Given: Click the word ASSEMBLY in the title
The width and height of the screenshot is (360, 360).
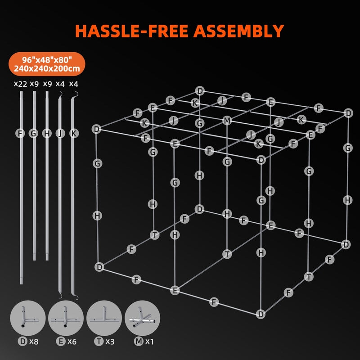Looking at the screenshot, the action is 239,31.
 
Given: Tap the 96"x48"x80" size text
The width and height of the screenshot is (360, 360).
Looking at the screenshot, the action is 47,60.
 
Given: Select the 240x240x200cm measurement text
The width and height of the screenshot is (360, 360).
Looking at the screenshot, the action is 47,68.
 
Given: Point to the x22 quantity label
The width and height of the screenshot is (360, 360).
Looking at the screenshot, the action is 20,84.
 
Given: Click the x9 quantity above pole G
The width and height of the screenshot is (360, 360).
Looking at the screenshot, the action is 34,84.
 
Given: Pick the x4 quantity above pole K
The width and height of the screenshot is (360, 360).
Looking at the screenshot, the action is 73,84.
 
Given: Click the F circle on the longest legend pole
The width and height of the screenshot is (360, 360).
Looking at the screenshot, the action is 20,133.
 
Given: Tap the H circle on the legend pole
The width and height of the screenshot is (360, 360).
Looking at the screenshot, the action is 47,133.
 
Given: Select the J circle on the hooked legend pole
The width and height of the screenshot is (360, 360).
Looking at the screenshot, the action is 60,133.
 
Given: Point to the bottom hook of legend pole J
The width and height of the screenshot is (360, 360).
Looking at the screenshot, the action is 60,296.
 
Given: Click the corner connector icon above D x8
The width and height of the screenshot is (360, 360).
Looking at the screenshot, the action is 28,318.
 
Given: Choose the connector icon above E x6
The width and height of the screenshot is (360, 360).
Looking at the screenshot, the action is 66,318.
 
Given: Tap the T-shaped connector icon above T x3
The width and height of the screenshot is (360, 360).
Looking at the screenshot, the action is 104,318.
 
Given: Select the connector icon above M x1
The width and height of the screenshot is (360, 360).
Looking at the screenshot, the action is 142,318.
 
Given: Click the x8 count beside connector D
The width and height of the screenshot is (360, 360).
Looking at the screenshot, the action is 34,342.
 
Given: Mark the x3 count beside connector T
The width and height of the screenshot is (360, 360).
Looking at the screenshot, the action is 110,342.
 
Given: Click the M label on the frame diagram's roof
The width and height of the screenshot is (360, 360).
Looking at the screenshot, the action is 227,121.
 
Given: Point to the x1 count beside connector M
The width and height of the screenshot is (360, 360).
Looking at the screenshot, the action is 149,342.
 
